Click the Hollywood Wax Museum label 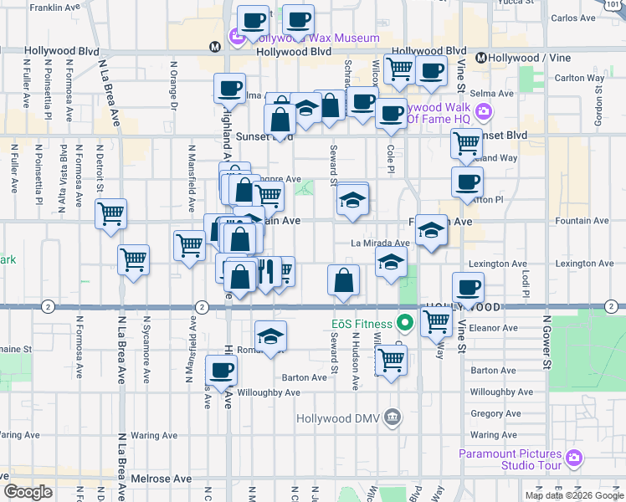tap(307, 38)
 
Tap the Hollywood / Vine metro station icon tap(481, 58)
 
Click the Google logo tap(28, 492)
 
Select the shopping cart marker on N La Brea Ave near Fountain tap(110, 215)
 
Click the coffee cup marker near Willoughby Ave tap(221, 371)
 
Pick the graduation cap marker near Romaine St tap(269, 336)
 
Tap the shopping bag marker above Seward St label tap(343, 280)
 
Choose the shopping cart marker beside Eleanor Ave tap(434, 320)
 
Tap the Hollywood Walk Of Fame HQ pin tap(482, 112)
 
